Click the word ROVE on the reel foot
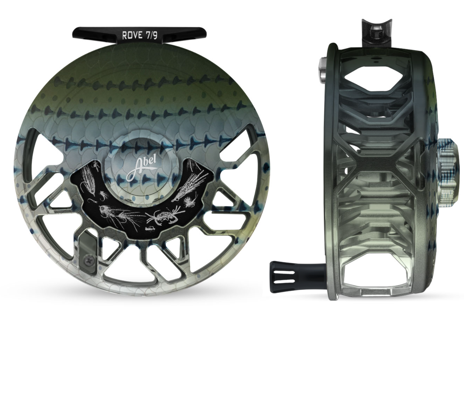coord(132,35)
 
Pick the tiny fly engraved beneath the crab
coord(150,229)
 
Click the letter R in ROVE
coord(125,35)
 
